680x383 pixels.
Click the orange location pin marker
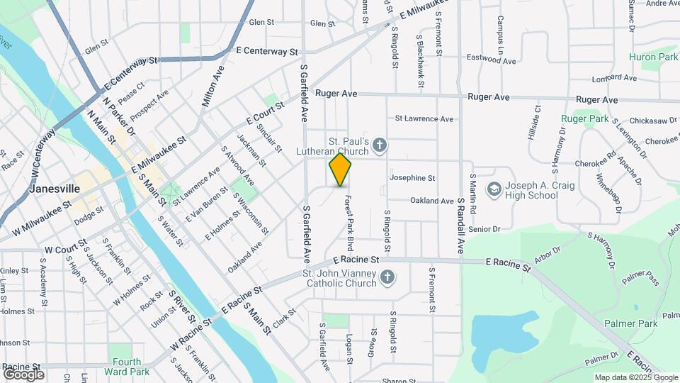341,170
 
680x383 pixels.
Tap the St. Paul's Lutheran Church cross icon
380,146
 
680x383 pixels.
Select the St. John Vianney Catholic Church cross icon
387,277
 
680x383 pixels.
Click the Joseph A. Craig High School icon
493,190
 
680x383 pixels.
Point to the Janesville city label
55,189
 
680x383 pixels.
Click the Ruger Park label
585,119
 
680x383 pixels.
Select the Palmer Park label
630,324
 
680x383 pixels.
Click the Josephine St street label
412,178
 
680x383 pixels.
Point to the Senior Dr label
484,229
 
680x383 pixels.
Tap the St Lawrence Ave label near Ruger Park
424,118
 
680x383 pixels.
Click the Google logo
23,374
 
